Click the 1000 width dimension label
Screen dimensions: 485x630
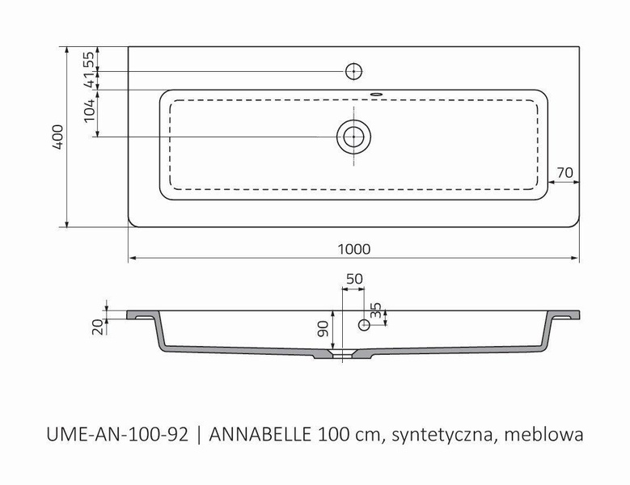[354, 249]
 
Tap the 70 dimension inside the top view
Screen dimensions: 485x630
[565, 172]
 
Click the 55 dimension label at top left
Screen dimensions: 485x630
[91, 59]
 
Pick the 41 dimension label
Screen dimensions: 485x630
[91, 79]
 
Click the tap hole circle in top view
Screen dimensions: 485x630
[353, 71]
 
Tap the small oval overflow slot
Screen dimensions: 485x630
[375, 93]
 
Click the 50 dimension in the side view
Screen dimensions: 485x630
[353, 279]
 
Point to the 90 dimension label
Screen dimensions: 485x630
[322, 329]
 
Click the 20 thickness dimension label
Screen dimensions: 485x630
[96, 326]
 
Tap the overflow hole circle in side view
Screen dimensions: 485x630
[365, 325]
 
